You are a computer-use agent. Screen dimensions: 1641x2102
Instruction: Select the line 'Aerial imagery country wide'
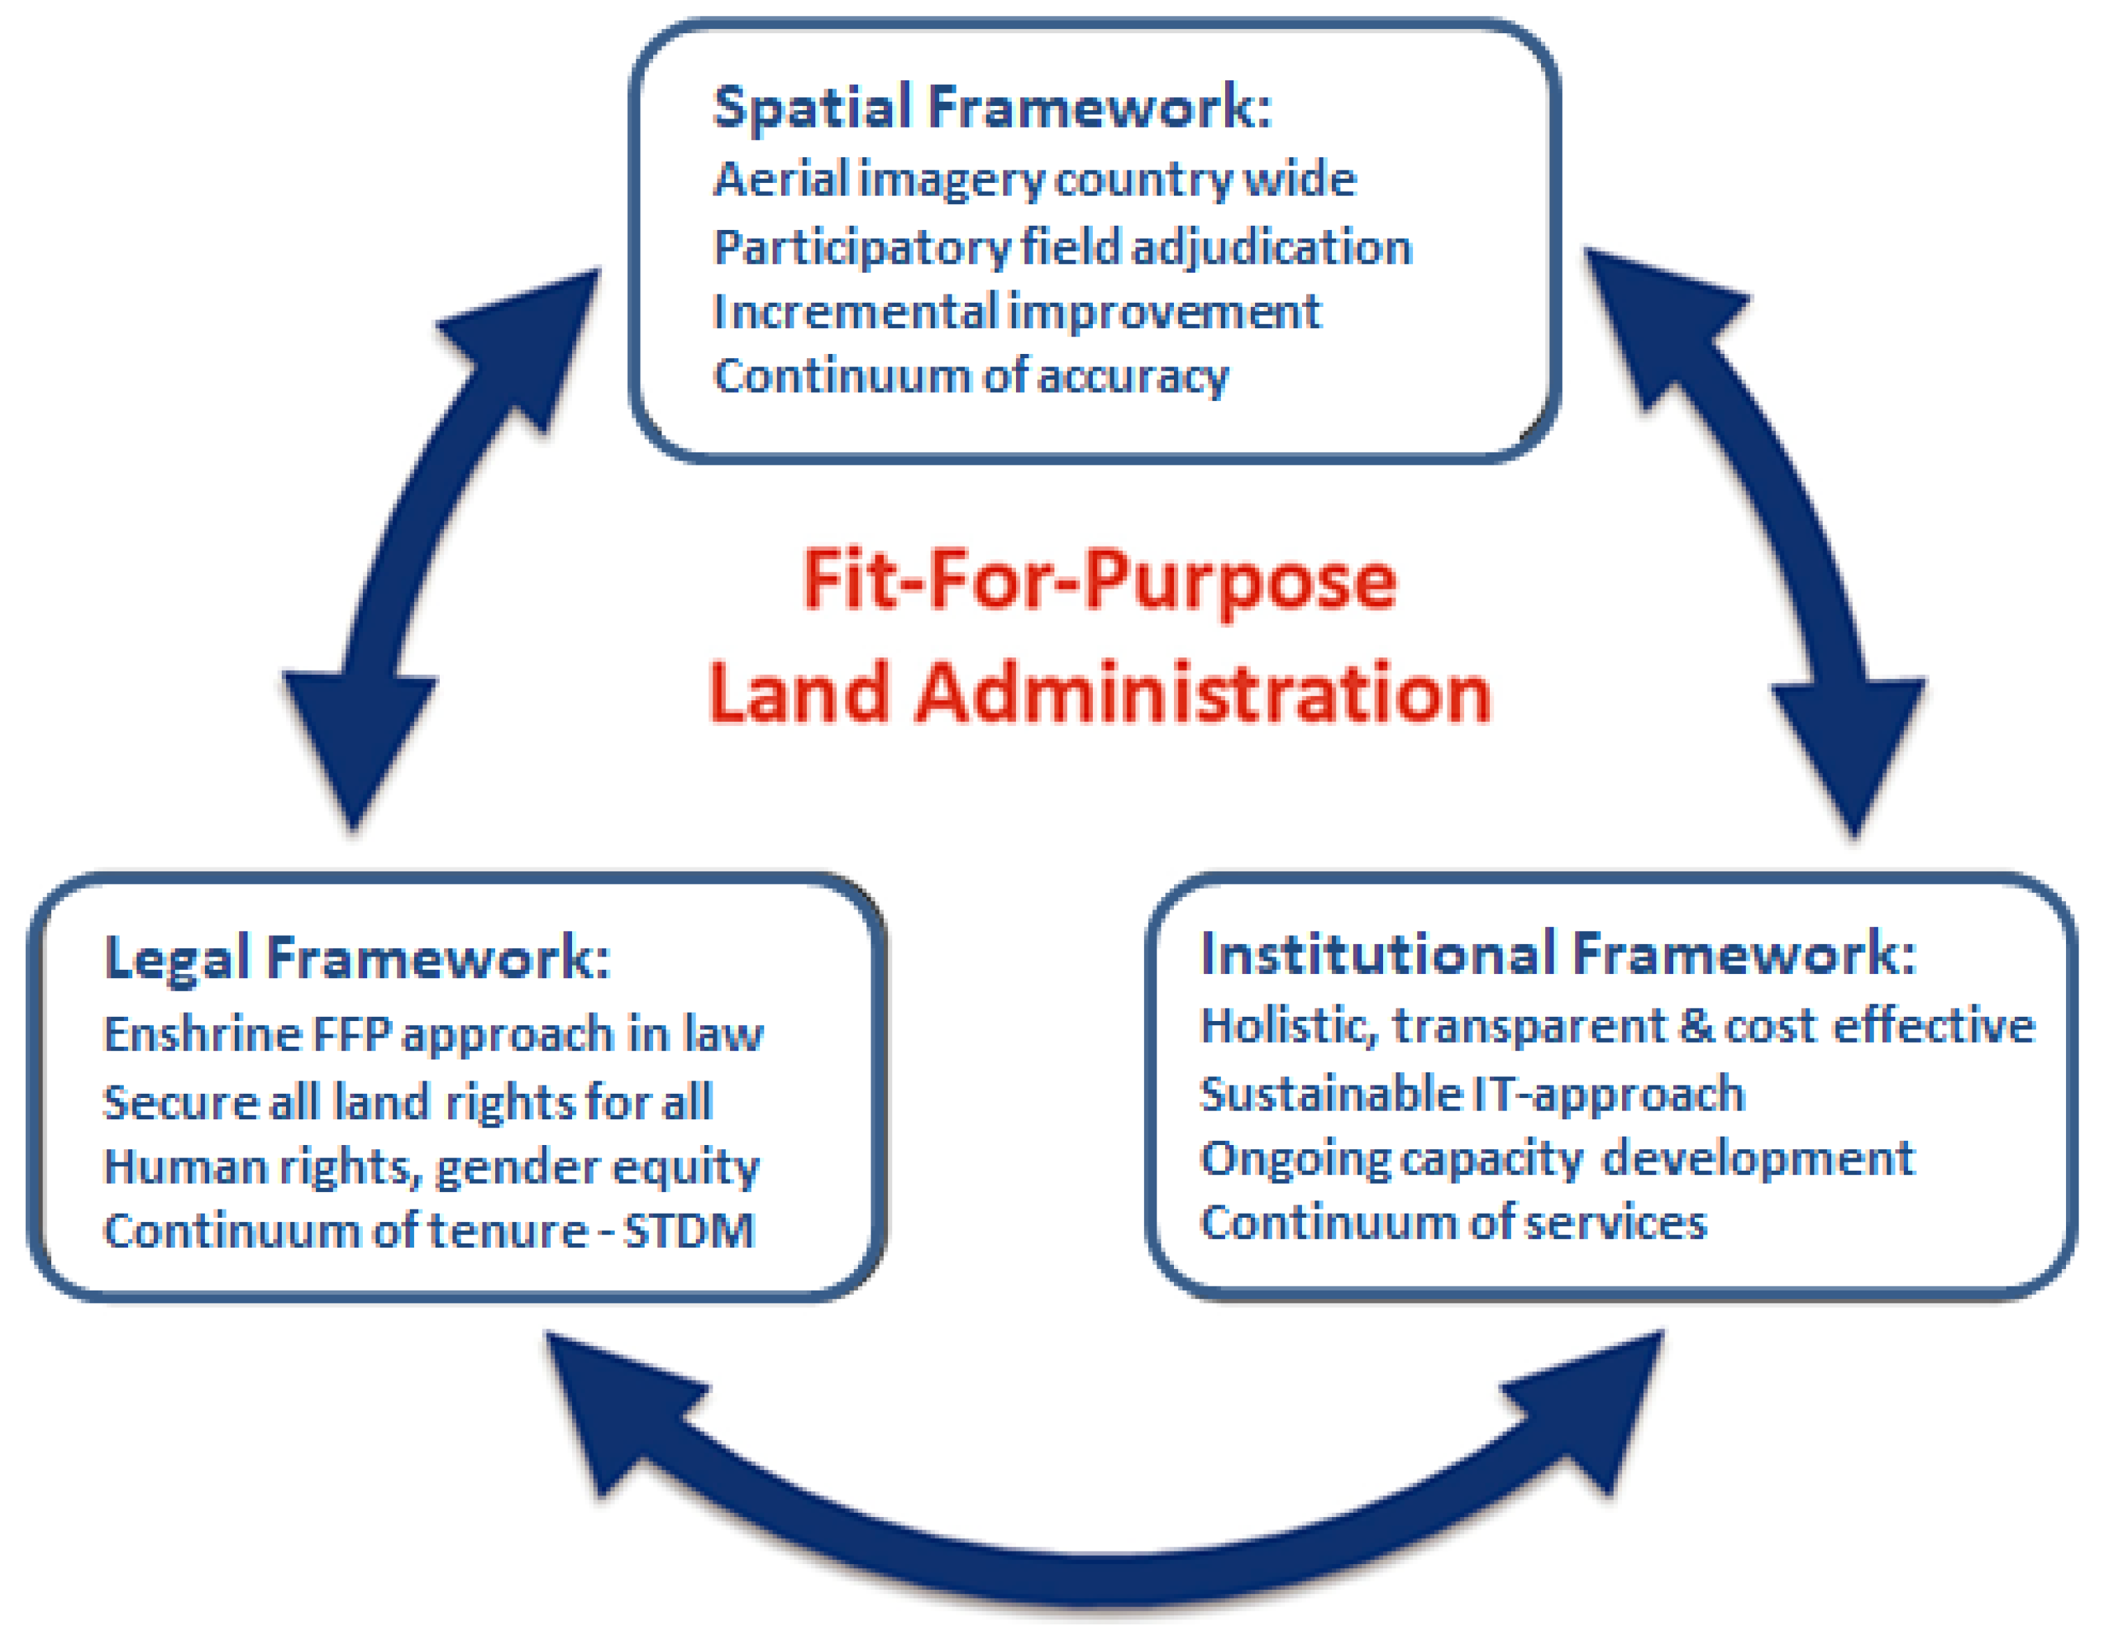pyautogui.click(x=1035, y=180)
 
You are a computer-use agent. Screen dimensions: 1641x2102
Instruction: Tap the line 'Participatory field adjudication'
pyautogui.click(x=1062, y=247)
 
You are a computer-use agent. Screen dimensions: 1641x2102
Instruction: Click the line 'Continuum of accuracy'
pyautogui.click(x=971, y=376)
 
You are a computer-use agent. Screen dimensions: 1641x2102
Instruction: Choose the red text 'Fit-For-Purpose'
pyautogui.click(x=1099, y=580)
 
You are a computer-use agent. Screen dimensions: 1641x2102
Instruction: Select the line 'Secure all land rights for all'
pyautogui.click(x=408, y=1102)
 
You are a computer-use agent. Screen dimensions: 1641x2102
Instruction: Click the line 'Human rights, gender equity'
pyautogui.click(x=431, y=1167)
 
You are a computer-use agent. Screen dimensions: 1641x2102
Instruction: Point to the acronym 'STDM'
pyautogui.click(x=689, y=1231)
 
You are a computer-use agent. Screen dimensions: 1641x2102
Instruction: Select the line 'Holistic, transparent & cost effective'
pyautogui.click(x=1618, y=1026)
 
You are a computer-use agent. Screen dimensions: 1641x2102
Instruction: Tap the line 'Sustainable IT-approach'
pyautogui.click(x=1472, y=1094)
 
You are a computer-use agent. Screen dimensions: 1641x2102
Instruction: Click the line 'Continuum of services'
pyautogui.click(x=1453, y=1223)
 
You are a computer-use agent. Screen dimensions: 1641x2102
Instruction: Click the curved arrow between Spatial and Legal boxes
pyautogui.click(x=423, y=539)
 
